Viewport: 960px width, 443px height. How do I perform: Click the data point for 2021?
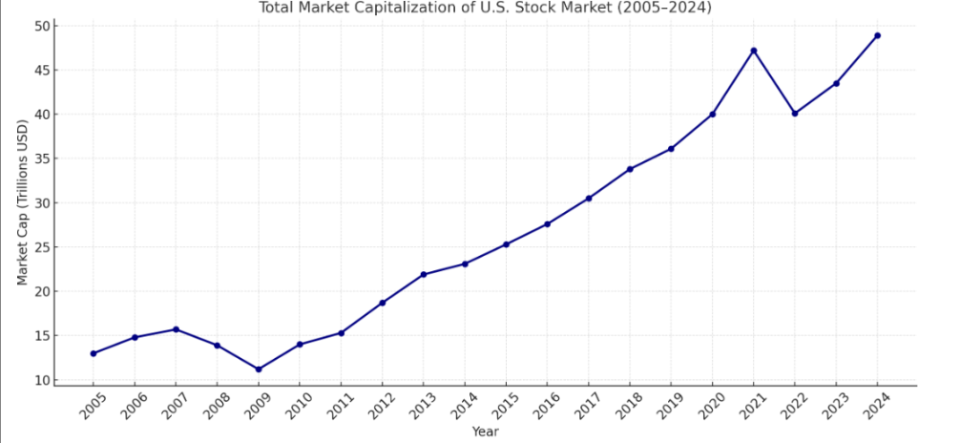click(754, 51)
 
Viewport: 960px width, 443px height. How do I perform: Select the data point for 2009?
click(259, 369)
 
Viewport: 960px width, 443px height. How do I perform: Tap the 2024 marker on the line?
click(878, 35)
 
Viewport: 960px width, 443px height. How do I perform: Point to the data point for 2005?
click(94, 353)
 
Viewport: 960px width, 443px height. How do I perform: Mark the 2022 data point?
click(795, 114)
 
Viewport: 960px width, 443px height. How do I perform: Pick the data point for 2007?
click(176, 329)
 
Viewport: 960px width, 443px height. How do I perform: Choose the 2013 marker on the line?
click(424, 275)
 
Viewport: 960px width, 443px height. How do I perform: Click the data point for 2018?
click(630, 169)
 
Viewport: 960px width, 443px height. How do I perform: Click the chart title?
click(485, 9)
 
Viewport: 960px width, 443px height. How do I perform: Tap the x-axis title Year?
click(485, 432)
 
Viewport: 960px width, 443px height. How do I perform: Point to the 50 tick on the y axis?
click(43, 26)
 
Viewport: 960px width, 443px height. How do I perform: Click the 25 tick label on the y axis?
click(43, 247)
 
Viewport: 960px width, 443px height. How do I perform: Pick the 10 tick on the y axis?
click(43, 380)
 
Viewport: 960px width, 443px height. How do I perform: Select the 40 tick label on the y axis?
click(43, 115)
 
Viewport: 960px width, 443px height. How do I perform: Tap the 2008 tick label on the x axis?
click(215, 406)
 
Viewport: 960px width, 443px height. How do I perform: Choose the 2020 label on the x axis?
click(710, 406)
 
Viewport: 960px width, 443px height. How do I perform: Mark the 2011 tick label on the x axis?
click(339, 406)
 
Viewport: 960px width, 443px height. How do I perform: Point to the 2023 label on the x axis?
click(834, 406)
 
